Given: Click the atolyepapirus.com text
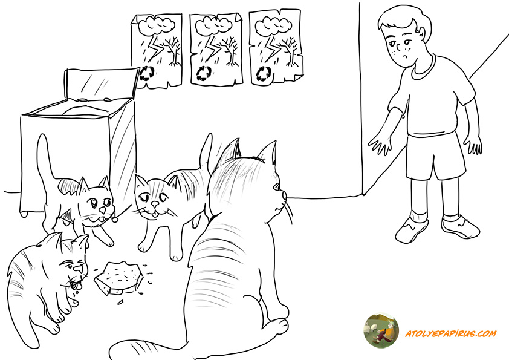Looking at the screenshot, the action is [450, 333].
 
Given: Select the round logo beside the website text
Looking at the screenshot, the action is [381, 331].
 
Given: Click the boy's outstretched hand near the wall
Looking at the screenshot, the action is [379, 145].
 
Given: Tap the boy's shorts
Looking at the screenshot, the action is [435, 156].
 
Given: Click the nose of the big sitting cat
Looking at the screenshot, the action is [284, 195].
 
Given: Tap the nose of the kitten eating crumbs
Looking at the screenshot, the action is [78, 269].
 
